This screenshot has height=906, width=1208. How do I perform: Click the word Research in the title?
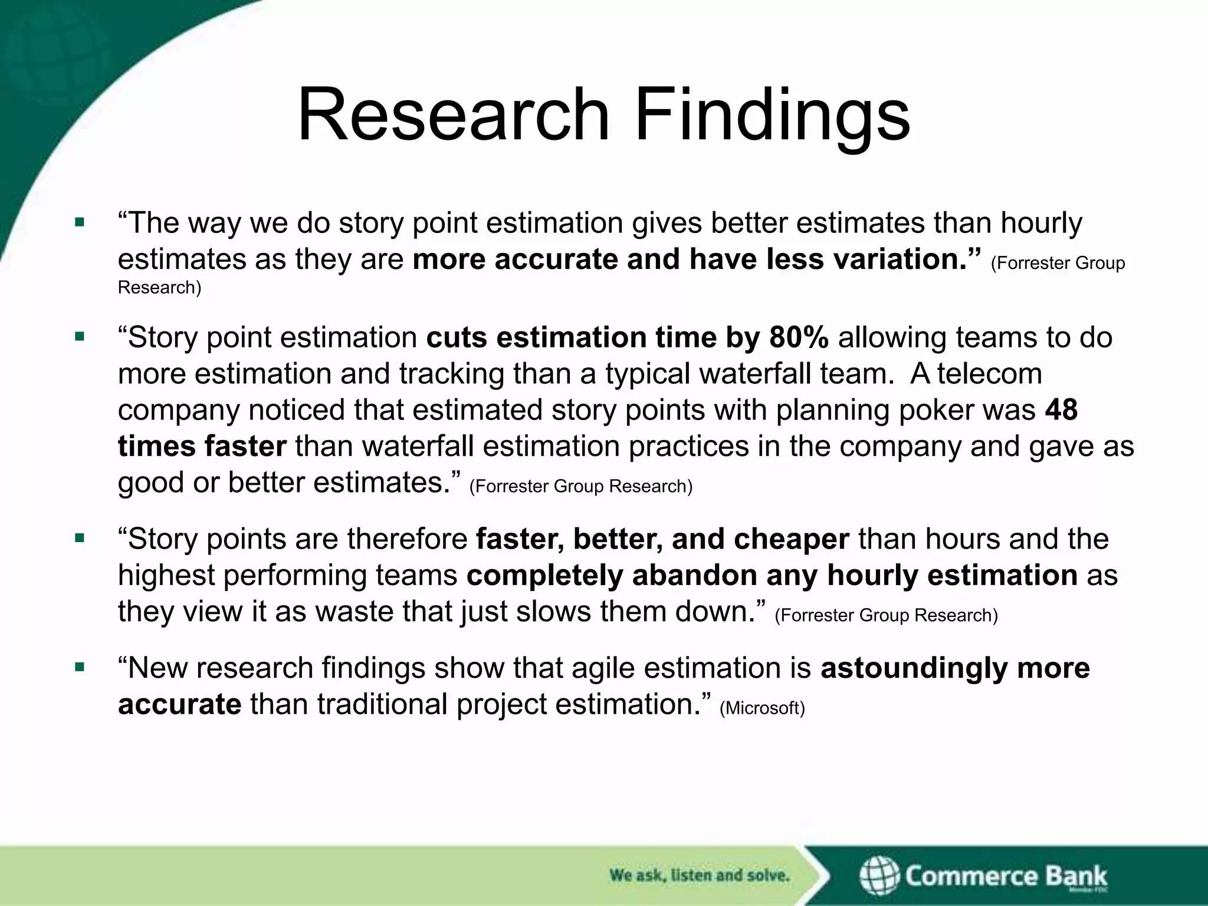(x=453, y=115)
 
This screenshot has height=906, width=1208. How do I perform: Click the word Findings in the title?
(x=772, y=115)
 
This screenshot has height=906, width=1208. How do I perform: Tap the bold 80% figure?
(x=799, y=338)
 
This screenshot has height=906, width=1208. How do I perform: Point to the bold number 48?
(x=1061, y=410)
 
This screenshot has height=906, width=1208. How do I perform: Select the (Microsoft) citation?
(x=762, y=708)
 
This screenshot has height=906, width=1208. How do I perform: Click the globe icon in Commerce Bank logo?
(x=879, y=875)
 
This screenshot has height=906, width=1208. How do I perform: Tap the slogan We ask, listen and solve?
(x=699, y=875)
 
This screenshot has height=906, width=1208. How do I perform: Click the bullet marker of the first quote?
(x=80, y=223)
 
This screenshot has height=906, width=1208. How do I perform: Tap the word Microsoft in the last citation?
(x=762, y=708)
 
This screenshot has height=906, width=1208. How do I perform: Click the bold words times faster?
(x=202, y=447)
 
